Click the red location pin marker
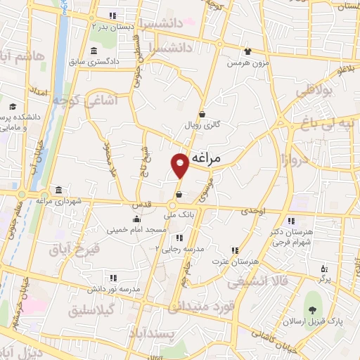pos(180,165)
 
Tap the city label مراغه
pos(205,158)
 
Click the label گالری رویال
pos(202,124)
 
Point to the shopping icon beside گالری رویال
pos(202,114)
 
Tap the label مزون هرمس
pos(247,63)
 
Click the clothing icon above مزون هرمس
pos(247,51)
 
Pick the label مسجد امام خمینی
pos(136,230)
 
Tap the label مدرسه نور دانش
pos(115,289)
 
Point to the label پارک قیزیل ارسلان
pos(314,321)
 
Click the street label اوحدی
pos(254,211)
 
